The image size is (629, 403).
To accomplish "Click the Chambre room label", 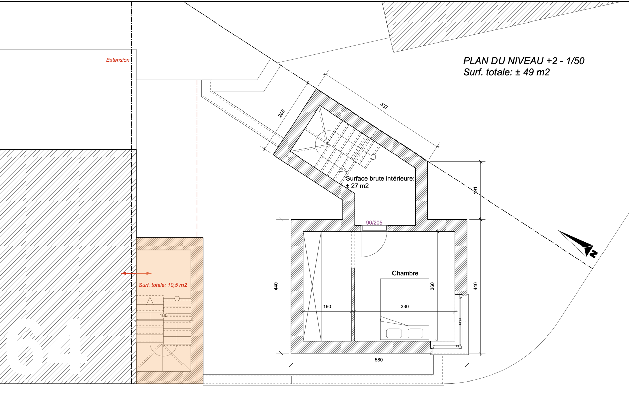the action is pos(405,273).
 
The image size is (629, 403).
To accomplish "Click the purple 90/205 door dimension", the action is pos(374,223).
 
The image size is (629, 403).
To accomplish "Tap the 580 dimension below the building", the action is pos(379,360).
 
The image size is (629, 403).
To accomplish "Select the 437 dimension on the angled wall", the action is pos(384,106).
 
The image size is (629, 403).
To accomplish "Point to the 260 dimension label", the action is pos(281,113).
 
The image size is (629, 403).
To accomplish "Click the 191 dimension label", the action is pos(475,191).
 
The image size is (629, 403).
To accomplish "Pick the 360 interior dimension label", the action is pos(432,286).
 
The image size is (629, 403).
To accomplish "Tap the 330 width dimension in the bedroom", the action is pos(405,307).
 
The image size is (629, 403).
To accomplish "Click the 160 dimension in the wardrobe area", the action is pos(327,307).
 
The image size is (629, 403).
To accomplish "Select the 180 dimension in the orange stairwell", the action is pos(163,315).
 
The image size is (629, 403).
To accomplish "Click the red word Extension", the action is pos(118,60).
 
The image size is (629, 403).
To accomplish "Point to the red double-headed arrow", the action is pos(136,273).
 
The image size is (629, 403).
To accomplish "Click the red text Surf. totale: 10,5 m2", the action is pos(163,285).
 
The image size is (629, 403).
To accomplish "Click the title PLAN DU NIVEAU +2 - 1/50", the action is pos(524,61).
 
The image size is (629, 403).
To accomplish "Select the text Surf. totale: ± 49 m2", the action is pos(507,72).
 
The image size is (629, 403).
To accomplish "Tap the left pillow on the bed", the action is pos(394,333).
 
